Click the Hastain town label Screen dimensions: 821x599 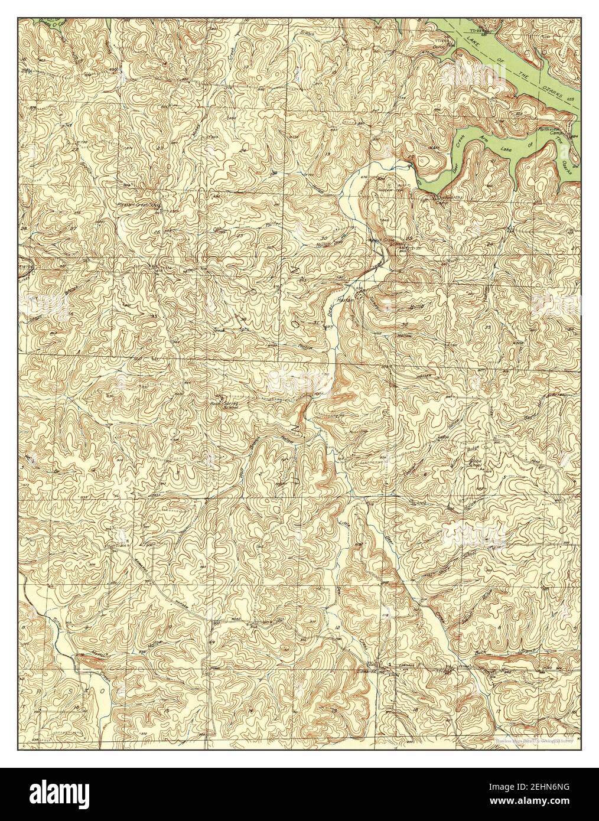345,300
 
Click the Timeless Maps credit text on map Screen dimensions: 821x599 535,738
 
